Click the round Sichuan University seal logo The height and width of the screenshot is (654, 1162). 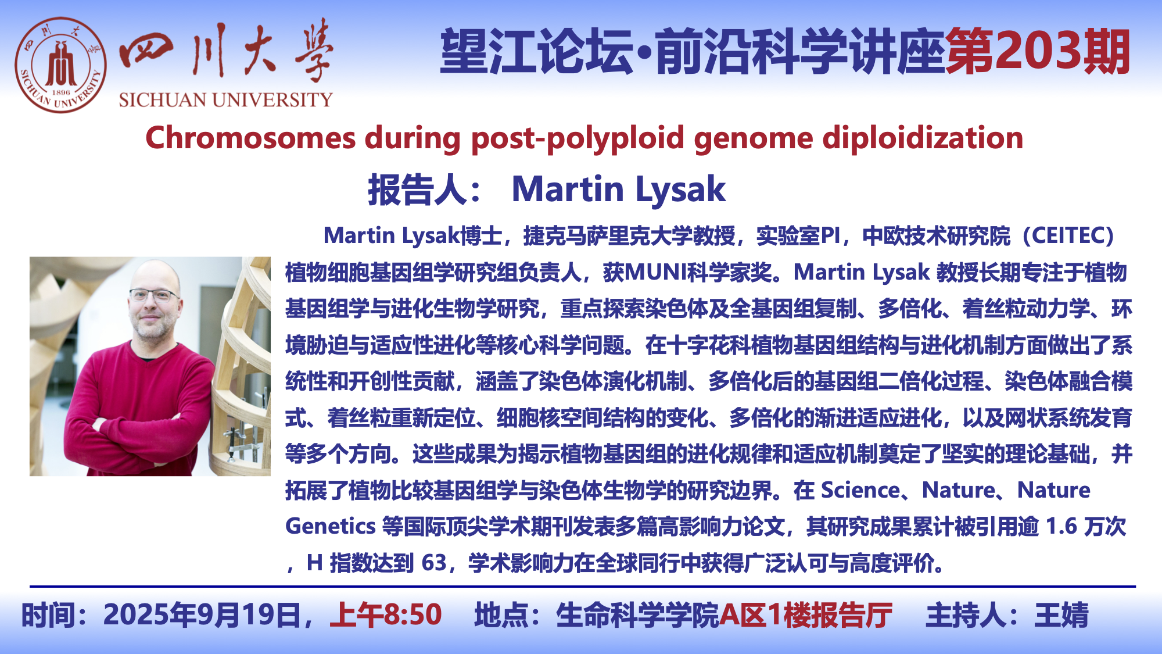(x=61, y=65)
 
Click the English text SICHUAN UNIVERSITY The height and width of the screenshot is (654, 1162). (x=225, y=100)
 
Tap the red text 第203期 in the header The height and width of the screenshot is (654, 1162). (x=1038, y=52)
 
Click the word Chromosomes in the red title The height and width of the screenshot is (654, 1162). (x=250, y=138)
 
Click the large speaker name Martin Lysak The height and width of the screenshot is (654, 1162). (x=618, y=190)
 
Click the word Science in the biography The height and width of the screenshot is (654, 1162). (x=860, y=490)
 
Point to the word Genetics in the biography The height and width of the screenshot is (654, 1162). (x=331, y=526)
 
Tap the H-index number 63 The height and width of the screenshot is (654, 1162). (x=434, y=563)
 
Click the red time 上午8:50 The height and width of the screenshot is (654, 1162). (x=386, y=615)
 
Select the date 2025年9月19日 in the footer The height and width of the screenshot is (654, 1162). (x=203, y=615)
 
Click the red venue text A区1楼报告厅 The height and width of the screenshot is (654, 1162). (x=806, y=615)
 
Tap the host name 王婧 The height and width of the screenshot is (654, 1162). (x=1061, y=615)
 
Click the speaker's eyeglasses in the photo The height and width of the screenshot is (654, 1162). (x=154, y=295)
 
